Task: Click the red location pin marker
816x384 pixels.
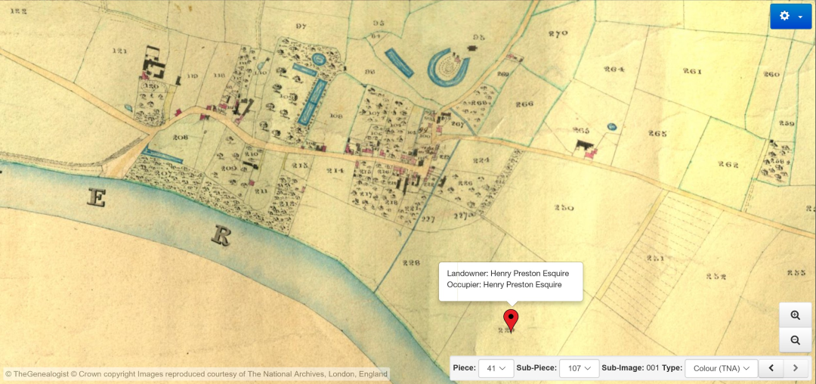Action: coord(511,318)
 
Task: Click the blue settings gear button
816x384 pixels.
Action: coord(790,16)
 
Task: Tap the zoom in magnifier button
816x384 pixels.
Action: coord(795,315)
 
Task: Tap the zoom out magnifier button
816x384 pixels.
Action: coord(795,340)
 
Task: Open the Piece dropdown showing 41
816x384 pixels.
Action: coord(496,368)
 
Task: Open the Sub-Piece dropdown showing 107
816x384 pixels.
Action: coord(579,368)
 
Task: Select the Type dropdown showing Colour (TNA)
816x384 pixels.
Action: coord(722,368)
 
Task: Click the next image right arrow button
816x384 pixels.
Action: coord(795,368)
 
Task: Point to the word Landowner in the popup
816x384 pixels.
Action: coord(466,273)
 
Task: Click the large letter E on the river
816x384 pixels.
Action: coord(96,198)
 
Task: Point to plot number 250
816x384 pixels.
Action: coord(564,208)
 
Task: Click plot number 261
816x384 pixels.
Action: coord(691,72)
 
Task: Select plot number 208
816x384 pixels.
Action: coord(179,138)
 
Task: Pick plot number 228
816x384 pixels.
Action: coord(411,263)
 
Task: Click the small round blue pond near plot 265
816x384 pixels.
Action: coord(611,125)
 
